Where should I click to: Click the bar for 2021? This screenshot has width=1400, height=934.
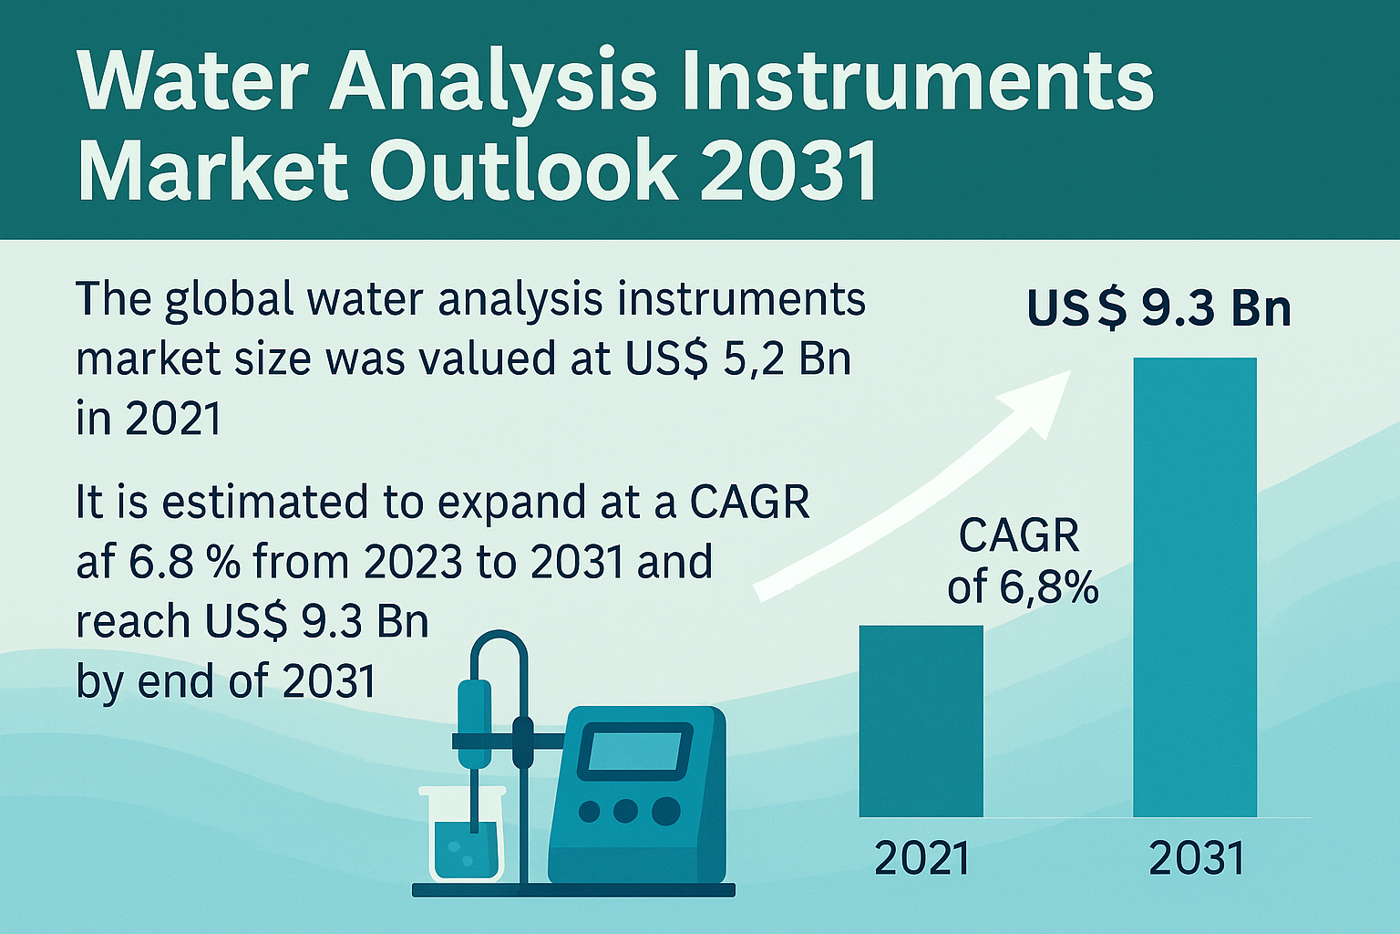point(921,721)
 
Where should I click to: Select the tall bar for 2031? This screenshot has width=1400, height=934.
point(1195,587)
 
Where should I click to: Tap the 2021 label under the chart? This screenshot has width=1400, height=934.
point(921,858)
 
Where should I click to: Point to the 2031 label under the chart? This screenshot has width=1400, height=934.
point(1197,858)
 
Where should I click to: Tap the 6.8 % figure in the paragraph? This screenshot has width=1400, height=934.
point(184,561)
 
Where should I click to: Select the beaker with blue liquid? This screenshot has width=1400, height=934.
point(462,834)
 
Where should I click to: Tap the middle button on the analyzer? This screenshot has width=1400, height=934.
point(625,812)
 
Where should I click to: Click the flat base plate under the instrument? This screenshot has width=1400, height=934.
point(573,890)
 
